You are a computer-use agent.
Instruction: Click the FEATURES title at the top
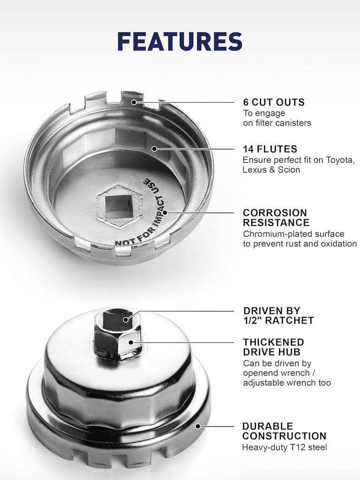[x=180, y=41]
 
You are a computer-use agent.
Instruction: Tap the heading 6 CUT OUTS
[x=274, y=102]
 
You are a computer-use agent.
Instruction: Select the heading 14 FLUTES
[x=270, y=149]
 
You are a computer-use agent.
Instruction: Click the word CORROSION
[x=275, y=213]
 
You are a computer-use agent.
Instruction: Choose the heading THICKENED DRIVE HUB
[x=274, y=347]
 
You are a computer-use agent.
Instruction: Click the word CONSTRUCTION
[x=284, y=436]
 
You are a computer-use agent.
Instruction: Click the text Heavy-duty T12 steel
[x=285, y=448]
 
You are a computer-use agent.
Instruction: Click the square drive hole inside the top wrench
[x=118, y=207]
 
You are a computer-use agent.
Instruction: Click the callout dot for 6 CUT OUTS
[x=134, y=102]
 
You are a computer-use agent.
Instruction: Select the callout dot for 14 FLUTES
[x=155, y=149]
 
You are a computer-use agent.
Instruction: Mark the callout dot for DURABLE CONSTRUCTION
[x=198, y=426]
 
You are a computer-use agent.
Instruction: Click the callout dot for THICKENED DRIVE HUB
[x=131, y=342]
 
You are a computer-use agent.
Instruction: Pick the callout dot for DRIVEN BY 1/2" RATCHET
[x=126, y=320]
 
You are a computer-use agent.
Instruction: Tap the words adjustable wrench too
[x=287, y=382]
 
